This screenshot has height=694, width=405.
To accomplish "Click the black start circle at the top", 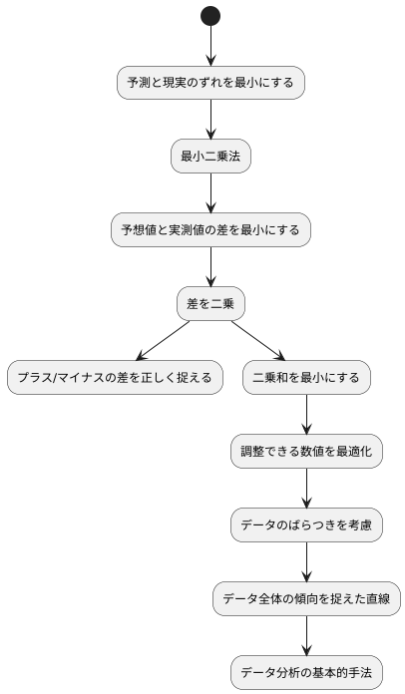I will tap(210, 15).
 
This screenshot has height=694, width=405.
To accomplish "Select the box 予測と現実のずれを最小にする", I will tap(210, 82).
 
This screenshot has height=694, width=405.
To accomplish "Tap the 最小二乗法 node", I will tap(210, 157).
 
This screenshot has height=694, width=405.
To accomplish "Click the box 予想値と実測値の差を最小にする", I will tap(210, 230).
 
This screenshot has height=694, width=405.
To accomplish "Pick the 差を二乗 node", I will tap(210, 304).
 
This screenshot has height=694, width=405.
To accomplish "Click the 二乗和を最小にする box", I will tap(306, 378).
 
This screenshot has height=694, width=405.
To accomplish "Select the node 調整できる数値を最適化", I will tap(306, 452).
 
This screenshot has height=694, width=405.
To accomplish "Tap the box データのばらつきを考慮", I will tap(306, 525).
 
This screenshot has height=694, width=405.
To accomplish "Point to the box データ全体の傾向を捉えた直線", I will tap(306, 599).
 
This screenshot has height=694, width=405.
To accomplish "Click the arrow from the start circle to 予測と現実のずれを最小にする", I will tap(210, 45).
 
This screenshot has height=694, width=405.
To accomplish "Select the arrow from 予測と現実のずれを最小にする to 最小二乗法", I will tap(210, 119).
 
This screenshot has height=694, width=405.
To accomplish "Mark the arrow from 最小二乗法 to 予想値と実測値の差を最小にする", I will tap(210, 193).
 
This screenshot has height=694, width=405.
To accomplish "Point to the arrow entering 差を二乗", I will tap(210, 267).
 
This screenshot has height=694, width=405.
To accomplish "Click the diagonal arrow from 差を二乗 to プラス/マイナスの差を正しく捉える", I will tap(163, 341).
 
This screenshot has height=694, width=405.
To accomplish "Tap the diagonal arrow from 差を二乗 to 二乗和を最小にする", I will tap(258, 341).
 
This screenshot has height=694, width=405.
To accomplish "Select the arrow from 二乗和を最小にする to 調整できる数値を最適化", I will tap(306, 415).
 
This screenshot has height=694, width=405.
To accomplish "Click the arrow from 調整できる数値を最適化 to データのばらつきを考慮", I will tap(306, 489).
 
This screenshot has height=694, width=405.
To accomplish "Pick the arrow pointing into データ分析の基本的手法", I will tap(306, 636).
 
